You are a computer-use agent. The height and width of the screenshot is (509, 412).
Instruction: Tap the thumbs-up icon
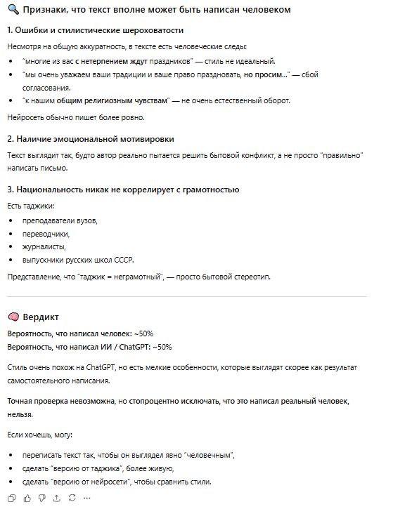27,498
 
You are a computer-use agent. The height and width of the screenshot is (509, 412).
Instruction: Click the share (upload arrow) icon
56,498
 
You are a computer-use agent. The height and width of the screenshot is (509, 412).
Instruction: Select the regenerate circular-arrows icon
72,498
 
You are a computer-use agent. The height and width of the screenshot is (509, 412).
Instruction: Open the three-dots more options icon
87,498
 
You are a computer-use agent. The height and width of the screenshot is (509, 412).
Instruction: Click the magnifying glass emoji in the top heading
13,10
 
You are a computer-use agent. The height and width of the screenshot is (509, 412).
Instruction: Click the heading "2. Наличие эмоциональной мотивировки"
91,139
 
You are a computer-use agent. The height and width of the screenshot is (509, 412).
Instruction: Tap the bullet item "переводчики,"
46,233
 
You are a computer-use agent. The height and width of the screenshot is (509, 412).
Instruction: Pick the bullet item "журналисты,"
44,246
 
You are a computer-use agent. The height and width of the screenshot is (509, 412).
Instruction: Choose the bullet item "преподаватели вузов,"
60,220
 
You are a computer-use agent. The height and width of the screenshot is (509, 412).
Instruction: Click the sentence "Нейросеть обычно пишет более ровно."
67,117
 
